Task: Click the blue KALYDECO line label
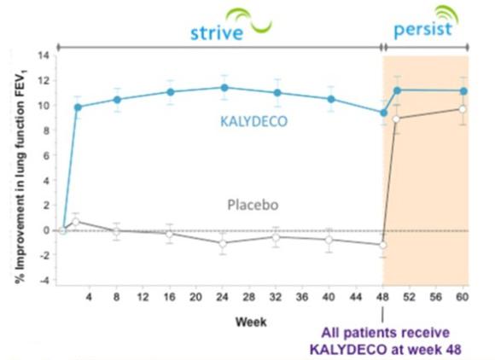tap(253, 121)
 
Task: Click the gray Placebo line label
tap(253, 205)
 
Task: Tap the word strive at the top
tap(217, 32)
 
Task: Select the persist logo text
tap(423, 30)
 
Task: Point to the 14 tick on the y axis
tap(44, 55)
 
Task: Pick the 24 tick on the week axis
tap(222, 297)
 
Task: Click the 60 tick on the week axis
tap(463, 297)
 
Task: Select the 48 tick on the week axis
tap(382, 297)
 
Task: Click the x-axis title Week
tap(251, 322)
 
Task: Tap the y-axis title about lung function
tap(20, 176)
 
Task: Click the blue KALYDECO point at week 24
tap(224, 88)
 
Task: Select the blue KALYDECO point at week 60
tap(463, 91)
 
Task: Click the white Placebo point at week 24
tap(223, 244)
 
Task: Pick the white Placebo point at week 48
tap(383, 245)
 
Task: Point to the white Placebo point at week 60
tap(463, 109)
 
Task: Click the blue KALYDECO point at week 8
tap(117, 100)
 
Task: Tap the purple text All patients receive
tap(385, 334)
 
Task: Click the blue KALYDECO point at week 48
tap(383, 113)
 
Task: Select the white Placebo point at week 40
tap(329, 240)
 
